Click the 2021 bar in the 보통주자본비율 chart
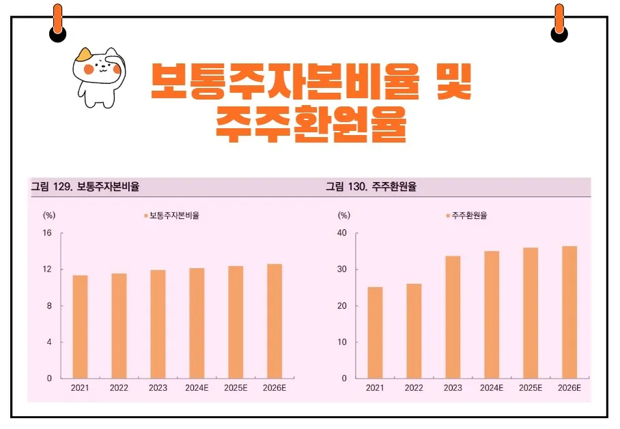tap(80, 327)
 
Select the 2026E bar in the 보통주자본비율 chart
tap(274, 321)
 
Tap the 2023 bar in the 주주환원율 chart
tap(453, 317)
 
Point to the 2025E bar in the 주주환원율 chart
tap(531, 313)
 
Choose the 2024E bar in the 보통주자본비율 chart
tap(197, 323)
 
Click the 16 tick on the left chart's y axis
tap(47, 233)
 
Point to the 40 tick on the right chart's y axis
tap(342, 233)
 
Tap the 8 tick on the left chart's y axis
tap(49, 306)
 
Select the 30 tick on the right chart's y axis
tap(342, 269)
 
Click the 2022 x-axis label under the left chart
tap(119, 388)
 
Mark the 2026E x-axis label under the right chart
tap(569, 388)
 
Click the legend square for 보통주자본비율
tap(145, 216)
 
